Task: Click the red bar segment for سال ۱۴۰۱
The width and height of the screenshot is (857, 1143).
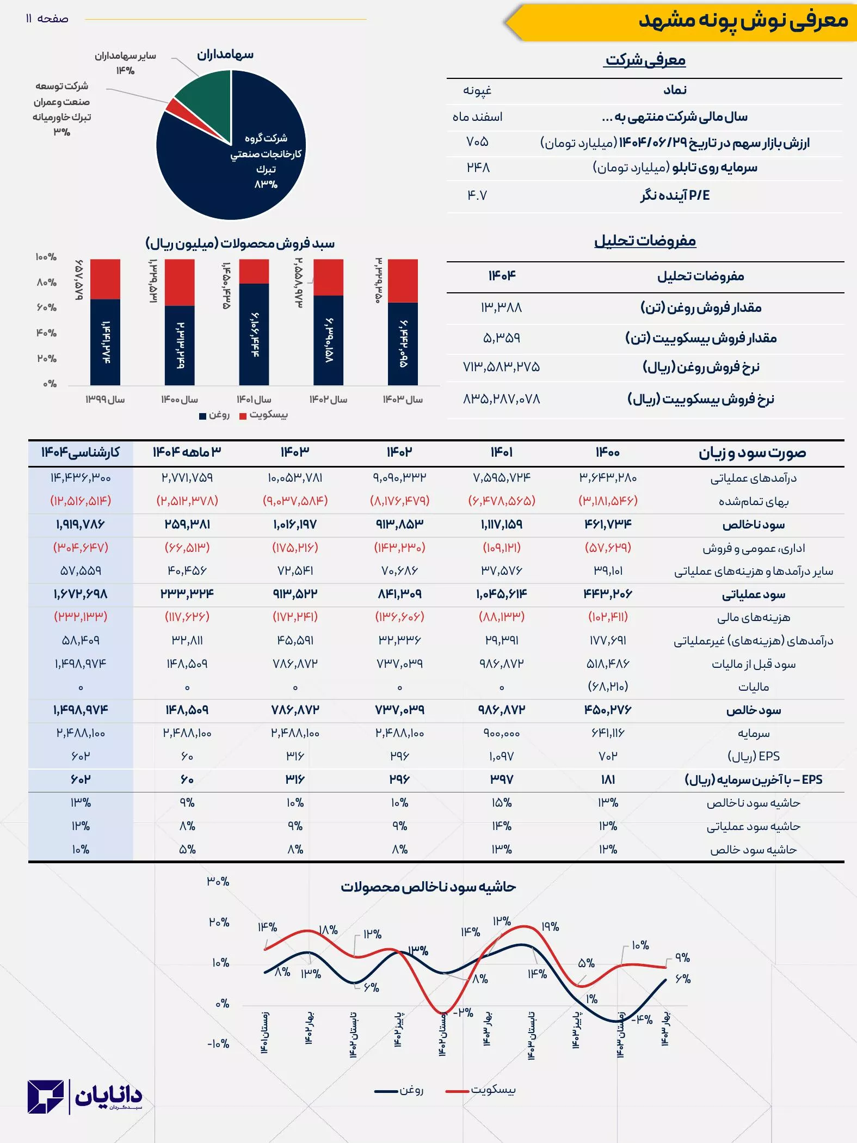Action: [254, 271]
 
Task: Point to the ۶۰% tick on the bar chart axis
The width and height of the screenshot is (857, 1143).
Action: [47, 308]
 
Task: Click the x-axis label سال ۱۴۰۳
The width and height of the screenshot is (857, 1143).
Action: [403, 400]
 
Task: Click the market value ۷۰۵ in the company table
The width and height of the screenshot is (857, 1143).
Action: [477, 142]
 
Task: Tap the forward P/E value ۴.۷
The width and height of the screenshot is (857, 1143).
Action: [477, 195]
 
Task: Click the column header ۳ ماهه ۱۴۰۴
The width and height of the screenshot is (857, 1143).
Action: [187, 452]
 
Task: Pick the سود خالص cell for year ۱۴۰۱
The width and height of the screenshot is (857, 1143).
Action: [501, 710]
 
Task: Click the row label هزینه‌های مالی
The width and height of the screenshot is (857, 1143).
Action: [754, 617]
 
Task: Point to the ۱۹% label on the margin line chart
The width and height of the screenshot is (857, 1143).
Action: [550, 926]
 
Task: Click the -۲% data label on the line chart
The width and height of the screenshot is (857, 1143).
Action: [463, 1012]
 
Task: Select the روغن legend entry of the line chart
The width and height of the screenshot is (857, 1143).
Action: [400, 1090]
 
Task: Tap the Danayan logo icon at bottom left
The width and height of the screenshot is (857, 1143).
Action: [46, 1097]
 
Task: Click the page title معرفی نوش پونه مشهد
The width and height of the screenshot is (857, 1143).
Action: [743, 21]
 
